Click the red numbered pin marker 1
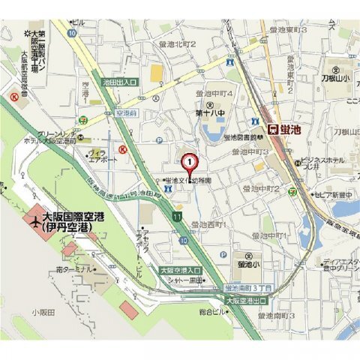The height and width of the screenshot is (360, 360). point(190,160)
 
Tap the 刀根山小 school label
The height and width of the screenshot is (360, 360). point(336,76)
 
